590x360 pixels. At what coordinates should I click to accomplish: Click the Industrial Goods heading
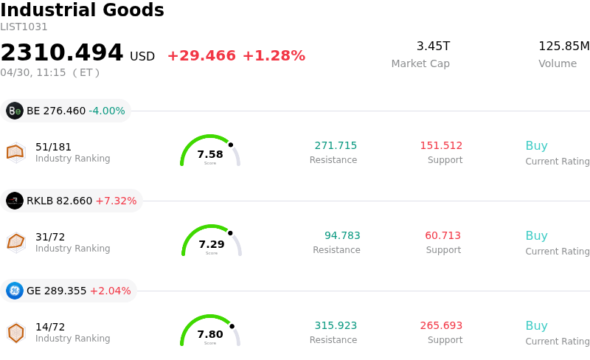point(82,10)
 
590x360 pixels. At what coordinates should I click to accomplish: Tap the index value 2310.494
point(62,53)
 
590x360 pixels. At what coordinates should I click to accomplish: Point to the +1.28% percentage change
point(273,56)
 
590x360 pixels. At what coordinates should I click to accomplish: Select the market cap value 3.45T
point(433,46)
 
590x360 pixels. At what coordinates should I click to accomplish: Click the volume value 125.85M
point(563,46)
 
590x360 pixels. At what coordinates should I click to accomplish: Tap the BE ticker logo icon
point(15,111)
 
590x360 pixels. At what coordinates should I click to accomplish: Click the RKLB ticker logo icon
point(15,201)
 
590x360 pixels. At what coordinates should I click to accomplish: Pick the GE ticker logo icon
point(15,291)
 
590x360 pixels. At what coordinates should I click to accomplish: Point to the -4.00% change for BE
point(107,111)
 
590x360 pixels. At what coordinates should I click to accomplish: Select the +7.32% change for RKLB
point(116,201)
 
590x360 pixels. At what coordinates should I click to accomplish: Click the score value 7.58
point(210,154)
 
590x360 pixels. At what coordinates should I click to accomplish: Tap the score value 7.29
point(212,244)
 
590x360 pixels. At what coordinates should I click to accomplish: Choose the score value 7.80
point(210,334)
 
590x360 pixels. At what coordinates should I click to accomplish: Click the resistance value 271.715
point(336,145)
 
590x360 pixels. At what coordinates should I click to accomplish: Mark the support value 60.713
point(442,236)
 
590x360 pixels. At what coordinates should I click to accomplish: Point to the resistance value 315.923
point(336,325)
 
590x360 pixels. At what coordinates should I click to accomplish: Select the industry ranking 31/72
point(50,237)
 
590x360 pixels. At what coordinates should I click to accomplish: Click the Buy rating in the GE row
point(536,326)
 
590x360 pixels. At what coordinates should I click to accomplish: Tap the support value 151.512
point(441,145)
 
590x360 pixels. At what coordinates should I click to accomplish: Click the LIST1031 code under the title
point(24,27)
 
